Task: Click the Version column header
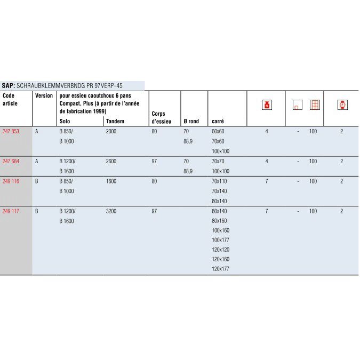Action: point(44,95)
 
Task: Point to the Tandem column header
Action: point(115,121)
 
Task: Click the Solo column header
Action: point(65,121)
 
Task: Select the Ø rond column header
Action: point(191,121)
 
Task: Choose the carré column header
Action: point(218,121)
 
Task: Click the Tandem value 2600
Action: point(111,161)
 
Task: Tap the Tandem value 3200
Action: point(111,211)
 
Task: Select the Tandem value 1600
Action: point(111,181)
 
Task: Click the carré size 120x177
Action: point(220,269)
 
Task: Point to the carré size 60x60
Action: point(218,131)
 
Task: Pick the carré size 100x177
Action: point(220,240)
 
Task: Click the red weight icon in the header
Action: point(267,105)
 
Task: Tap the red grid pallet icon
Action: point(315,105)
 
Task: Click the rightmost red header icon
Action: point(342,105)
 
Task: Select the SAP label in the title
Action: point(8,85)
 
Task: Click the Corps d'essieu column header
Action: point(158,117)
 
